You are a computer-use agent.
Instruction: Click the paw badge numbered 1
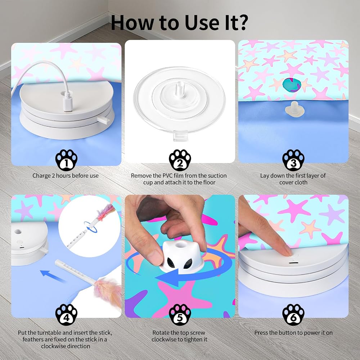click(66, 160)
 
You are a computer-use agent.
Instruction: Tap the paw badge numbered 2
click(180, 160)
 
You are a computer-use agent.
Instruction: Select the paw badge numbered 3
click(293, 160)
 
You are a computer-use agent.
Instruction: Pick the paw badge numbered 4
click(66, 315)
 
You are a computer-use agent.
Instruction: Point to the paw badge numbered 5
click(180, 315)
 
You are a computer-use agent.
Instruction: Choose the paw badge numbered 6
click(293, 315)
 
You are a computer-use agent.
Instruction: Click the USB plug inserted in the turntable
click(68, 105)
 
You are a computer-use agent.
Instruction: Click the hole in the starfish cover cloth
click(292, 85)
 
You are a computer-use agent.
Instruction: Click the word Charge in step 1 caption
click(41, 176)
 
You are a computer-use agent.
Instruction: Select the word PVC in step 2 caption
click(168, 176)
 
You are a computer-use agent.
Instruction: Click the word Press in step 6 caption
click(261, 333)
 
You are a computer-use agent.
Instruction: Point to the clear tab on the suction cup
click(180, 136)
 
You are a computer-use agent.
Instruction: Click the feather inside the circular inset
click(106, 213)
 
